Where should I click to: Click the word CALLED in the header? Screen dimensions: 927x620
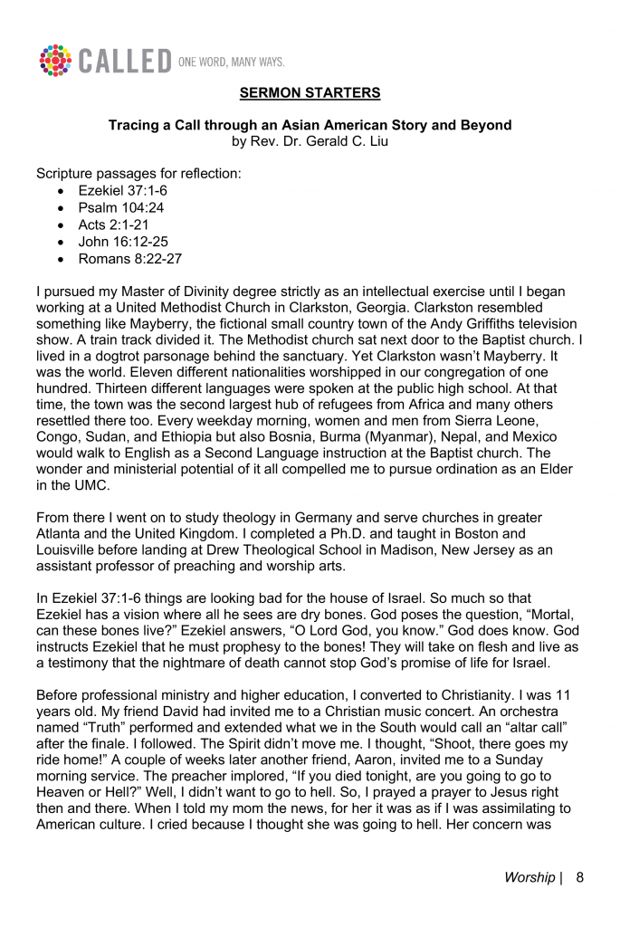pos(123,62)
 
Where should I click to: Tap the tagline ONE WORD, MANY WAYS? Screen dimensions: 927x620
pos(233,62)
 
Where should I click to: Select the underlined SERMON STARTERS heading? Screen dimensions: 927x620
pos(310,93)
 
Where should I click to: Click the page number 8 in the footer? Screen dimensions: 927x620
pos(579,877)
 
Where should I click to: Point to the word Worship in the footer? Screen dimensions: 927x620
pos(529,877)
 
